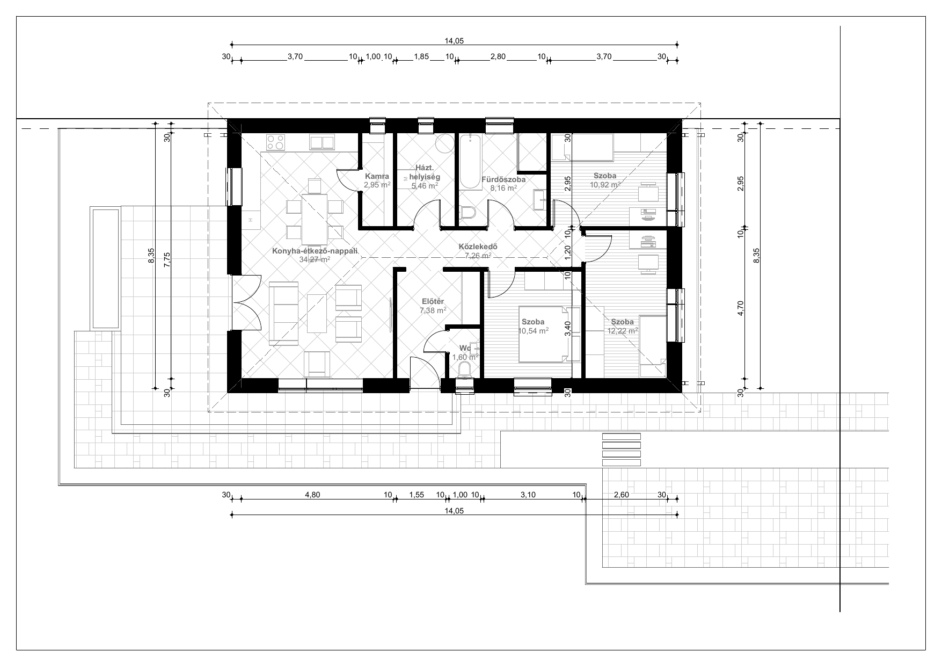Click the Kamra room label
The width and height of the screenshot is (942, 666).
tap(377, 176)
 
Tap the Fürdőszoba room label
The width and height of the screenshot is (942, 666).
tap(503, 179)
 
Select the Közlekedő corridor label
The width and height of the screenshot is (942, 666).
tap(478, 247)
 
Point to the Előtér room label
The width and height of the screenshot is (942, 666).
tap(433, 301)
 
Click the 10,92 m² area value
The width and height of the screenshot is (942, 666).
tap(605, 184)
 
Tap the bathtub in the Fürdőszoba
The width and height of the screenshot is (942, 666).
tap(470, 162)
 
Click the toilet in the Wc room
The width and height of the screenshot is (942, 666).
tap(465, 369)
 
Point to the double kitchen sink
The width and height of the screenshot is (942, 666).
tap(322, 142)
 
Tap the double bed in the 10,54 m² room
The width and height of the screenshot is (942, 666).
tap(543, 334)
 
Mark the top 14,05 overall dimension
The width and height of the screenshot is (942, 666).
tap(454, 41)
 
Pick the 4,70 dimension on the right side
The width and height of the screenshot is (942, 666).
tap(741, 309)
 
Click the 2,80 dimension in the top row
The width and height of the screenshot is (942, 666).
tap(498, 56)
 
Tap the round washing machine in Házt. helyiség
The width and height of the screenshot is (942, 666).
tap(443, 143)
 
